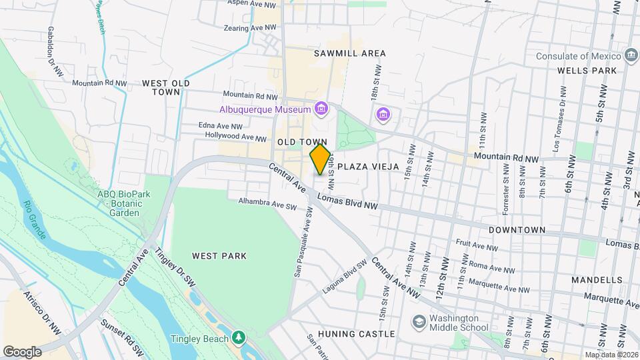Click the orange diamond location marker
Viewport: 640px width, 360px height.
[320, 160]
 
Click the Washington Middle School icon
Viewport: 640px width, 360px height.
[419, 323]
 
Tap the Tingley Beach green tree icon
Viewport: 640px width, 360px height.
[239, 339]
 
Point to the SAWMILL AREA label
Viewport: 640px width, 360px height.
[351, 53]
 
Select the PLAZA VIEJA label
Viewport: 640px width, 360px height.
[368, 166]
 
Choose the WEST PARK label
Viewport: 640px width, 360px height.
[219, 256]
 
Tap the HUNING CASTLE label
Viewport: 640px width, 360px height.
[357, 334]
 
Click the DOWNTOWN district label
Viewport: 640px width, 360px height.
[517, 230]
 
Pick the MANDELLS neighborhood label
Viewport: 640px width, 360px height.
[595, 281]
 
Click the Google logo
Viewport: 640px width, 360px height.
[22, 351]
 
